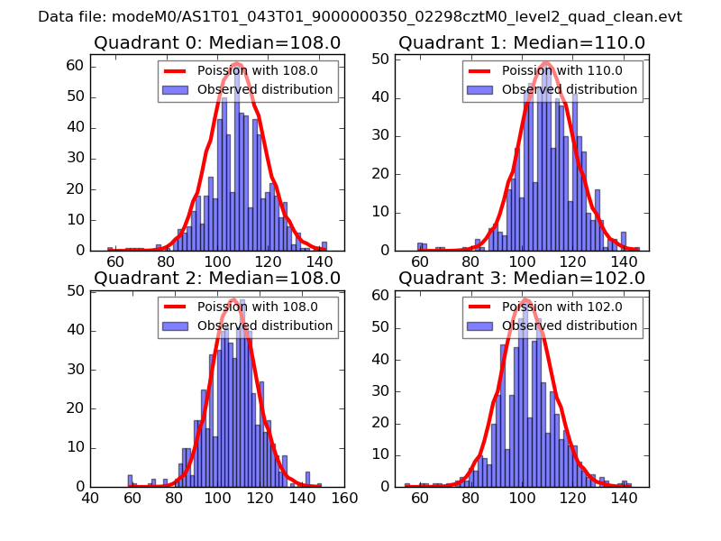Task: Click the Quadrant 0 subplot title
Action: pos(217,42)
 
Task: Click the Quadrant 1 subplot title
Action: pos(522,42)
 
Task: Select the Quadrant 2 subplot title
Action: pos(217,278)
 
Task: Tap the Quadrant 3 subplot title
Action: pos(522,278)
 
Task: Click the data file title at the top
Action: pos(360,16)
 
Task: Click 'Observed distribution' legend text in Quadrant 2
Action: pos(265,326)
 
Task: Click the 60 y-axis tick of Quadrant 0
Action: pos(76,66)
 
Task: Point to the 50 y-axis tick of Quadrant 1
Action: pos(380,60)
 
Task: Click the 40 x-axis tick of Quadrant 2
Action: pos(90,499)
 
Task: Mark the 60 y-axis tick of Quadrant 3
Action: pos(380,295)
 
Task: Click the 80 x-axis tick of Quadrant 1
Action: pos(470,262)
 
